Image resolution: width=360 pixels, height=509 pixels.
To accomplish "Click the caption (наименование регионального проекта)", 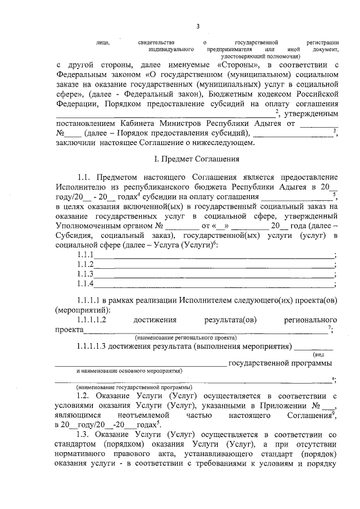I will point(186,337).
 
